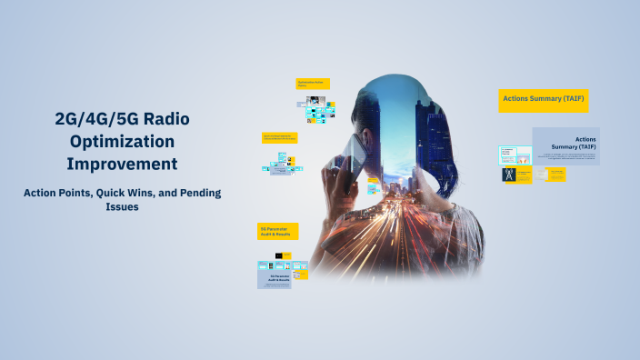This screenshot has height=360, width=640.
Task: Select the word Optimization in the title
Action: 121,141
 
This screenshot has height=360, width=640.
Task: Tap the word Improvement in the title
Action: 121,164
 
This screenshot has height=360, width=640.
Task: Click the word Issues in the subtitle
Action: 121,206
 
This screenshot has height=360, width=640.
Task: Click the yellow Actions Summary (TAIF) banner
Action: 543,99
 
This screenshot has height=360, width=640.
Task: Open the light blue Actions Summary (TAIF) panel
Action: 565,145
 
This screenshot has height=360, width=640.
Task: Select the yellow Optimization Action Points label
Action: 313,84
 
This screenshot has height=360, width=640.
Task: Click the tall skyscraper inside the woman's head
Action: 425,127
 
